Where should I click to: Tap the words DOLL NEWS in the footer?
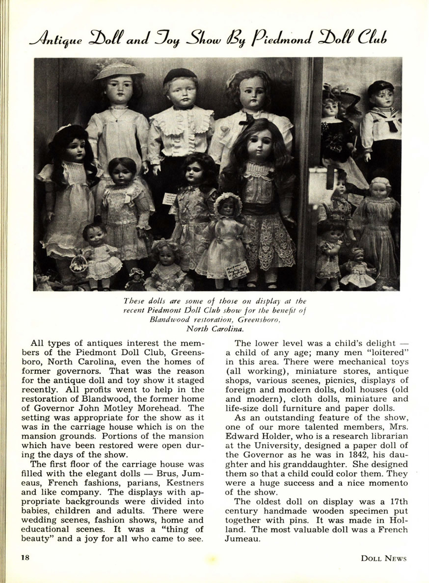[383, 558]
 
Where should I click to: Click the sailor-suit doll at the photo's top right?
[381, 118]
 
